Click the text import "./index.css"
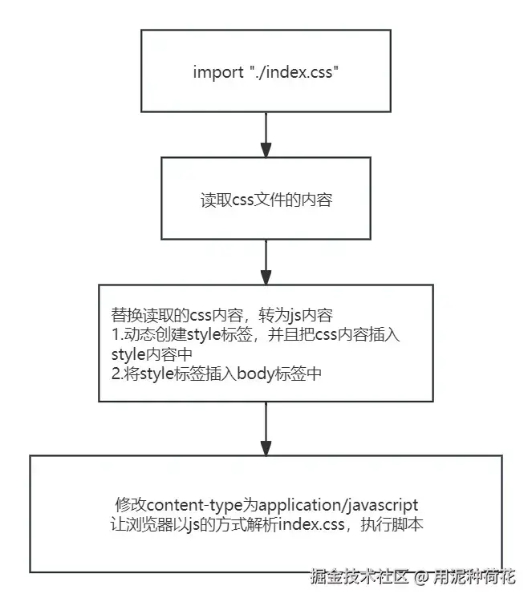pyautogui.click(x=266, y=71)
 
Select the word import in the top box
pyautogui.click(x=212, y=71)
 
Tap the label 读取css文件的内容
pyautogui.click(x=266, y=200)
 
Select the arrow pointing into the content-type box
pyautogui.click(x=266, y=432)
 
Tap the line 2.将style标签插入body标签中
pyautogui.click(x=216, y=373)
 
